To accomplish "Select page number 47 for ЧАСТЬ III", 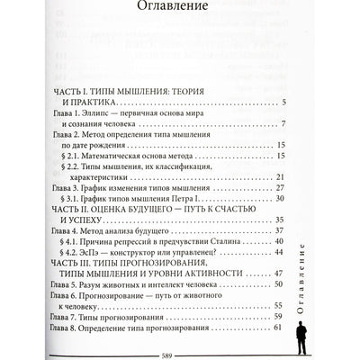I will [x=280, y=297].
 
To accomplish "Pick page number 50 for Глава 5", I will [x=280, y=311].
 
